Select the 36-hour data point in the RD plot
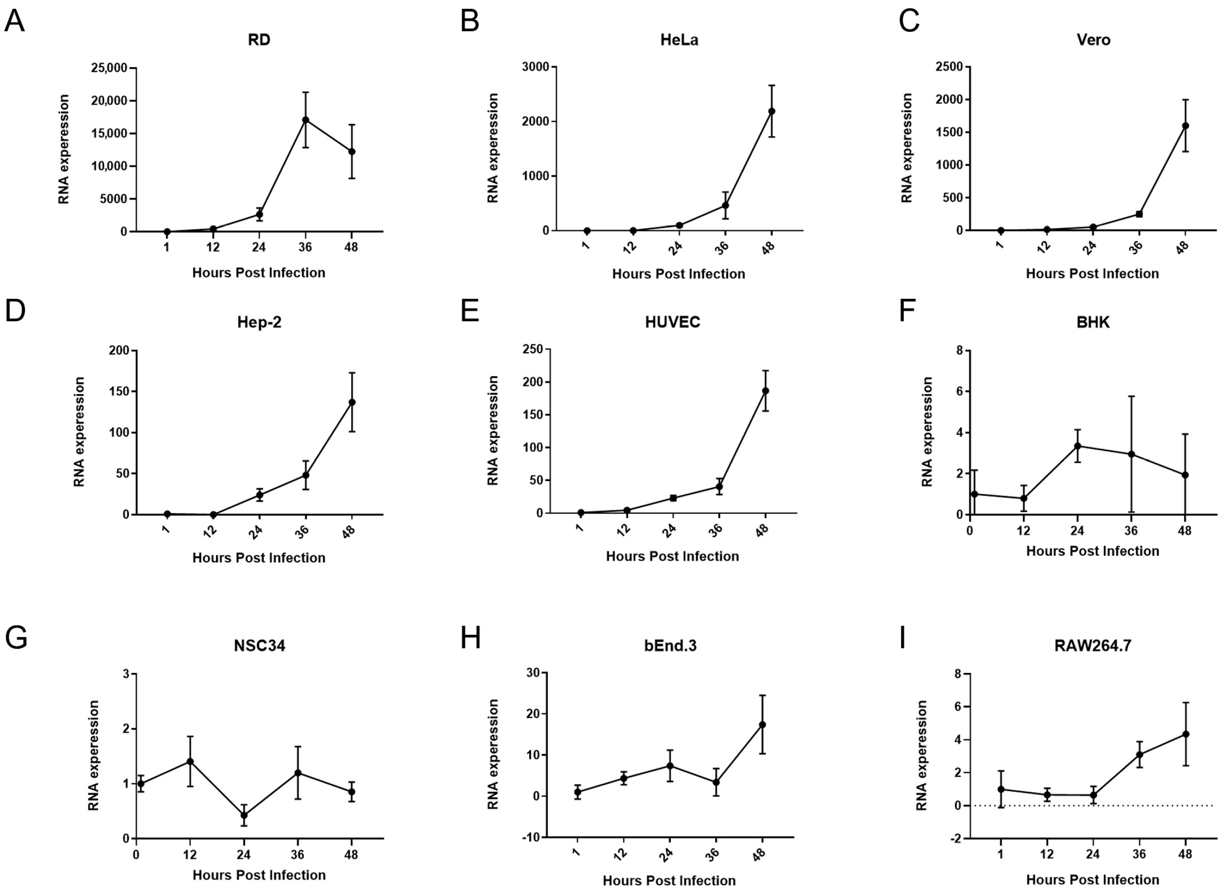pos(305,120)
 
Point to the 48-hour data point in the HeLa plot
pos(772,111)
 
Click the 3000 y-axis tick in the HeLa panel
pos(535,67)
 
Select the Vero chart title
pos(1093,40)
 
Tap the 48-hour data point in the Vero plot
pos(1186,125)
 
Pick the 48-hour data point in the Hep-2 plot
pos(352,402)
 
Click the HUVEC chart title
pos(673,322)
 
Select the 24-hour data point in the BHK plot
pos(1077,446)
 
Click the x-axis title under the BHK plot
pos(1093,551)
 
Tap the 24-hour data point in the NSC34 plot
pos(244,815)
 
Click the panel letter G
pos(16,638)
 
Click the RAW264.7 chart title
pos(1093,646)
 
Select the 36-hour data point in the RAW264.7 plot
pos(1139,755)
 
